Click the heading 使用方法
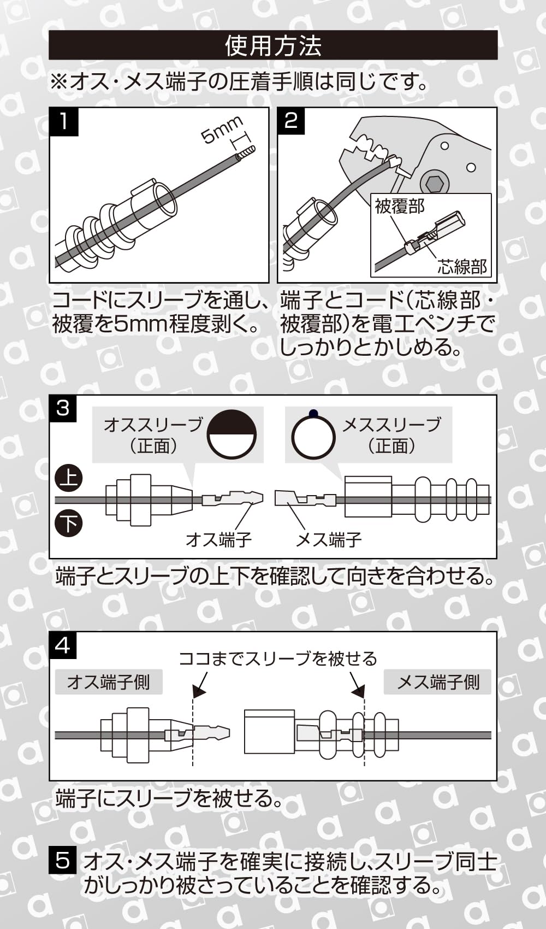[x=273, y=46]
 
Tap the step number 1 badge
[x=64, y=121]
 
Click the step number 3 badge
[x=63, y=408]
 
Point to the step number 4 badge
[x=63, y=645]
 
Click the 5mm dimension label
[x=221, y=130]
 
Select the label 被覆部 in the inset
[x=400, y=207]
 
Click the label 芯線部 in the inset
[x=462, y=266]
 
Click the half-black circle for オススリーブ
[x=232, y=435]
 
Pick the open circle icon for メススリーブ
[x=313, y=436]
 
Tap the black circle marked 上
[x=69, y=479]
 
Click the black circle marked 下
[x=69, y=524]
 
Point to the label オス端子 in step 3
[x=218, y=540]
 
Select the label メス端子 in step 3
[x=328, y=540]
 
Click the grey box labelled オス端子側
[x=109, y=682]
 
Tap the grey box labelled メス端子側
[x=438, y=682]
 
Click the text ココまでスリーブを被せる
[x=278, y=658]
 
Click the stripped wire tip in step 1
[x=247, y=152]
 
